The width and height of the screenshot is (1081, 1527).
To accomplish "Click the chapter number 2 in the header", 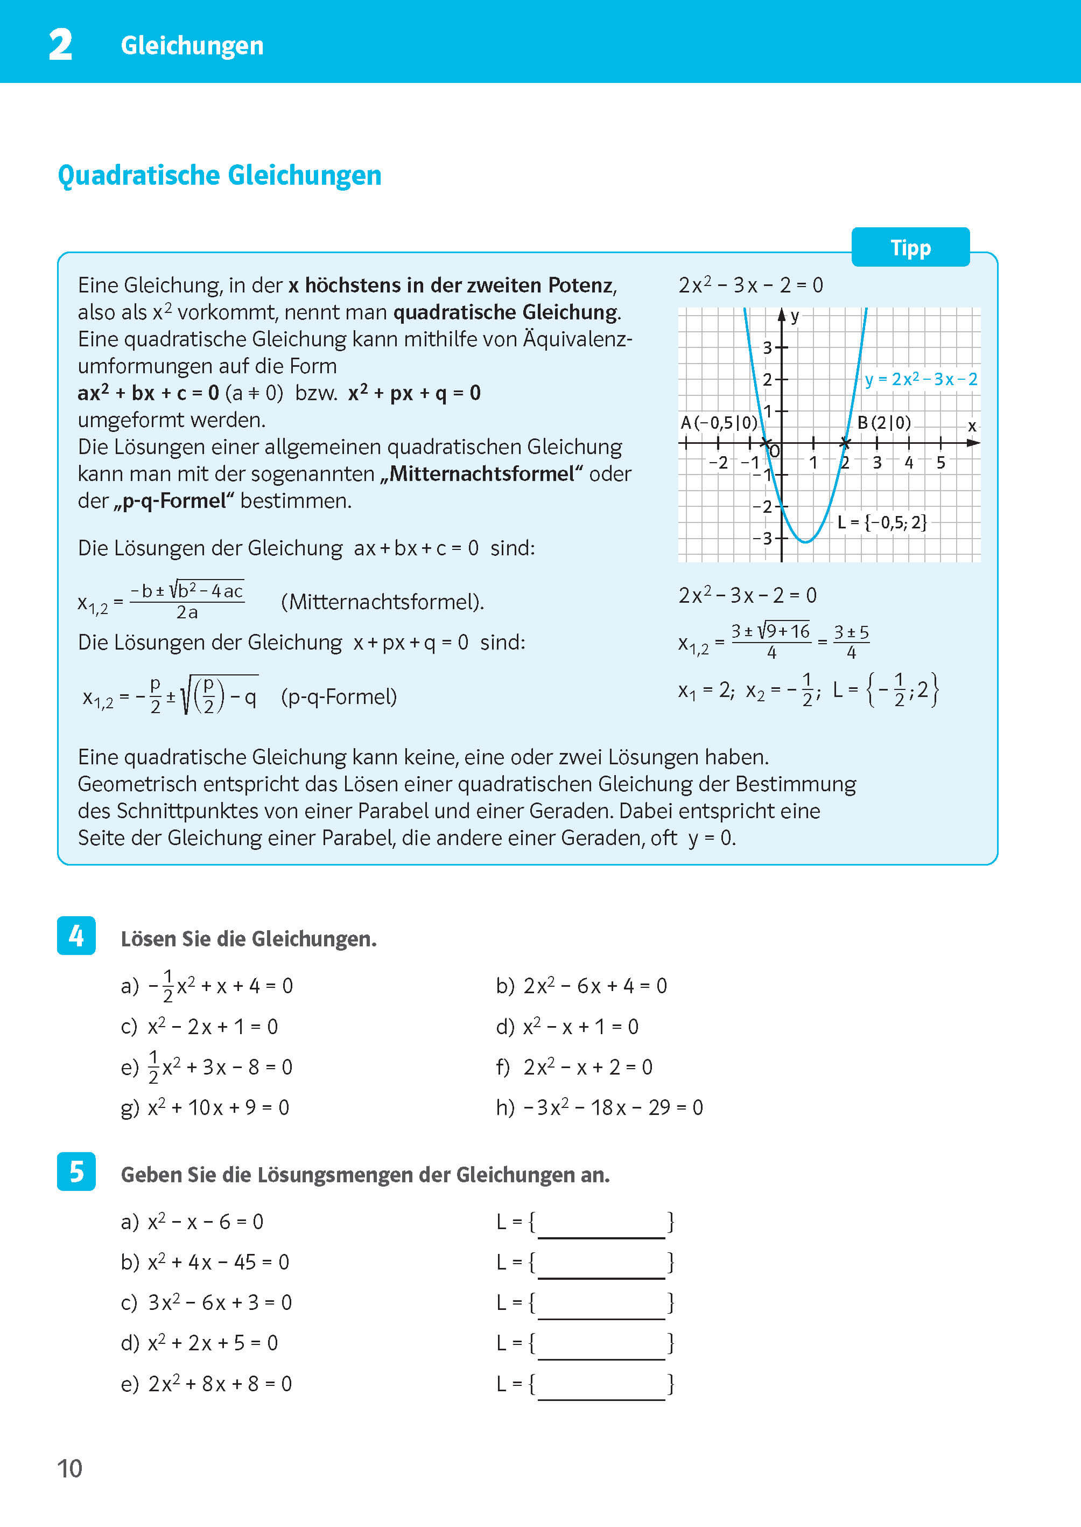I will pos(61,45).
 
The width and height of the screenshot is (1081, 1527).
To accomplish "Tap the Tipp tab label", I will pos(910,248).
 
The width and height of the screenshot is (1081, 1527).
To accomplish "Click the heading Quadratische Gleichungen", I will pos(220,176).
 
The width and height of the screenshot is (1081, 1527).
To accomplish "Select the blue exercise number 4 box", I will pos(76,936).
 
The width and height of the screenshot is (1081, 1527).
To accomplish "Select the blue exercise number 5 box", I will pos(76,1172).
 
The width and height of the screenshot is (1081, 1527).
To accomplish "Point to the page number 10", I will pos(70,1468).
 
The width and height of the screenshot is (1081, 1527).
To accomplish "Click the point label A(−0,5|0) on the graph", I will pos(719,423).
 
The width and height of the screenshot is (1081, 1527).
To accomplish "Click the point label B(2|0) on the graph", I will pos(884,423).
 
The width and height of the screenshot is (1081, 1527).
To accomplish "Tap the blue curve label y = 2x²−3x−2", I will pos(921,380).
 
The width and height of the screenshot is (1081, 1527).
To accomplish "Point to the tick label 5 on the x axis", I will pos(940,463).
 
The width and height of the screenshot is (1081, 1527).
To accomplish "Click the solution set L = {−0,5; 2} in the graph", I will pos(882,523).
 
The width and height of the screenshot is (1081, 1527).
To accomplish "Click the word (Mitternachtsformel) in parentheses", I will pos(382,602).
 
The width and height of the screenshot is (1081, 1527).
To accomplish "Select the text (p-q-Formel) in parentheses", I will pos(339,696).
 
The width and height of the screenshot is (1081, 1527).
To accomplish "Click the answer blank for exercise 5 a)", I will pos(601,1223).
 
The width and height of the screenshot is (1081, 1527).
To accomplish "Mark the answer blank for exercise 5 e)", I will pos(601,1385).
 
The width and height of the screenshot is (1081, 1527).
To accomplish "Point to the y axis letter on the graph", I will pos(795,316).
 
